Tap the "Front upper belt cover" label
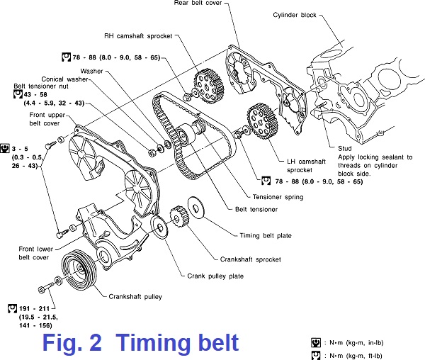pos(48,118)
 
